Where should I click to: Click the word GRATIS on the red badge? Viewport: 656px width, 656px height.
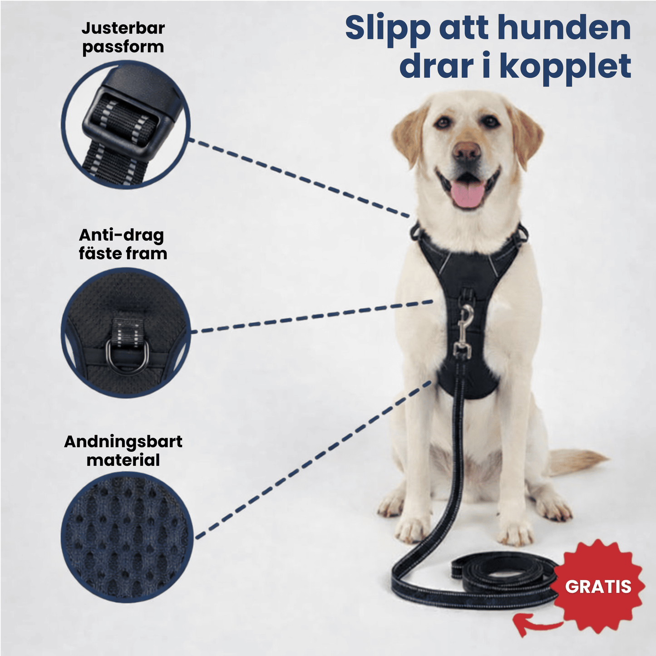pos(598,587)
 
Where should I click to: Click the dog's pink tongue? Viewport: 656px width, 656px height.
pos(467,194)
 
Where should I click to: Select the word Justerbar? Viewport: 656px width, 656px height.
pos(123,28)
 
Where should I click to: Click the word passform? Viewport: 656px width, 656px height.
pos(123,47)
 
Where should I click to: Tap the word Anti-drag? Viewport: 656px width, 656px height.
pos(121,235)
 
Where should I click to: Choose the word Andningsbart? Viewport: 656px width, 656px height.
pos(123,441)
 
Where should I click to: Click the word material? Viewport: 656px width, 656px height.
pos(123,460)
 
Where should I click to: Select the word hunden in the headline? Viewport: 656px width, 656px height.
pos(564,28)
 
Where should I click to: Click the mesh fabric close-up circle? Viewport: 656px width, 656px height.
pos(127,538)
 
